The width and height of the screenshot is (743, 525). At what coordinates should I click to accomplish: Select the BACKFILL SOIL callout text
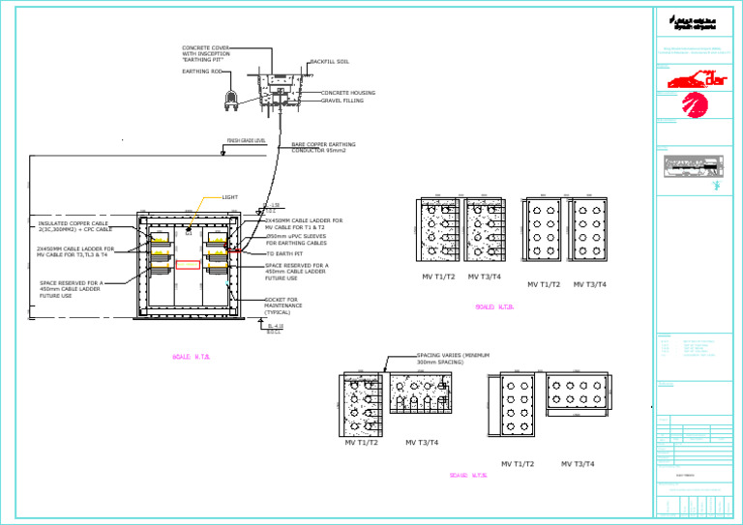pyautogui.click(x=329, y=62)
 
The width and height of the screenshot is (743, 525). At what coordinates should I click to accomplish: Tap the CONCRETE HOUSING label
pyautogui.click(x=348, y=93)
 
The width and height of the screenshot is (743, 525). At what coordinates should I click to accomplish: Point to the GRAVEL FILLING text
pyautogui.click(x=342, y=101)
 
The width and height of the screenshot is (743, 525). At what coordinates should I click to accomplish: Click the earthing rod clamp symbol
pyautogui.click(x=232, y=97)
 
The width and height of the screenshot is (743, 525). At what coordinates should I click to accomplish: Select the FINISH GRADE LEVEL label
pyautogui.click(x=246, y=141)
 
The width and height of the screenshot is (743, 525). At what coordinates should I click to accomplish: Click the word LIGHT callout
pyautogui.click(x=229, y=197)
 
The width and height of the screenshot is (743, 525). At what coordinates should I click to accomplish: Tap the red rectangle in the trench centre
pyautogui.click(x=188, y=264)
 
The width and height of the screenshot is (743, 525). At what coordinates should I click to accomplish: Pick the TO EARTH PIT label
pyautogui.click(x=284, y=254)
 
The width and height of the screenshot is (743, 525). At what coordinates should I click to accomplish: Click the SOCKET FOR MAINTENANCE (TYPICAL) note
pyautogui.click(x=283, y=306)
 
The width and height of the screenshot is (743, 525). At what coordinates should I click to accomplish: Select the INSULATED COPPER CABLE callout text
pyautogui.click(x=75, y=227)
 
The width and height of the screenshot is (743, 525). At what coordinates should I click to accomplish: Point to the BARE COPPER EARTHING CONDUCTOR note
pyautogui.click(x=323, y=147)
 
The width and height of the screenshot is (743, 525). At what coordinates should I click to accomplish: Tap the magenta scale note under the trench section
pyautogui.click(x=191, y=357)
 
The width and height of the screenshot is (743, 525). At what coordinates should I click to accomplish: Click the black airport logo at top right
pyautogui.click(x=694, y=21)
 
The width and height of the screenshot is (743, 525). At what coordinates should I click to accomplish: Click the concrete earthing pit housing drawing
pyautogui.click(x=278, y=90)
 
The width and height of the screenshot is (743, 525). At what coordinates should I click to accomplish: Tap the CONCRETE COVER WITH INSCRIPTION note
pyautogui.click(x=206, y=53)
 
